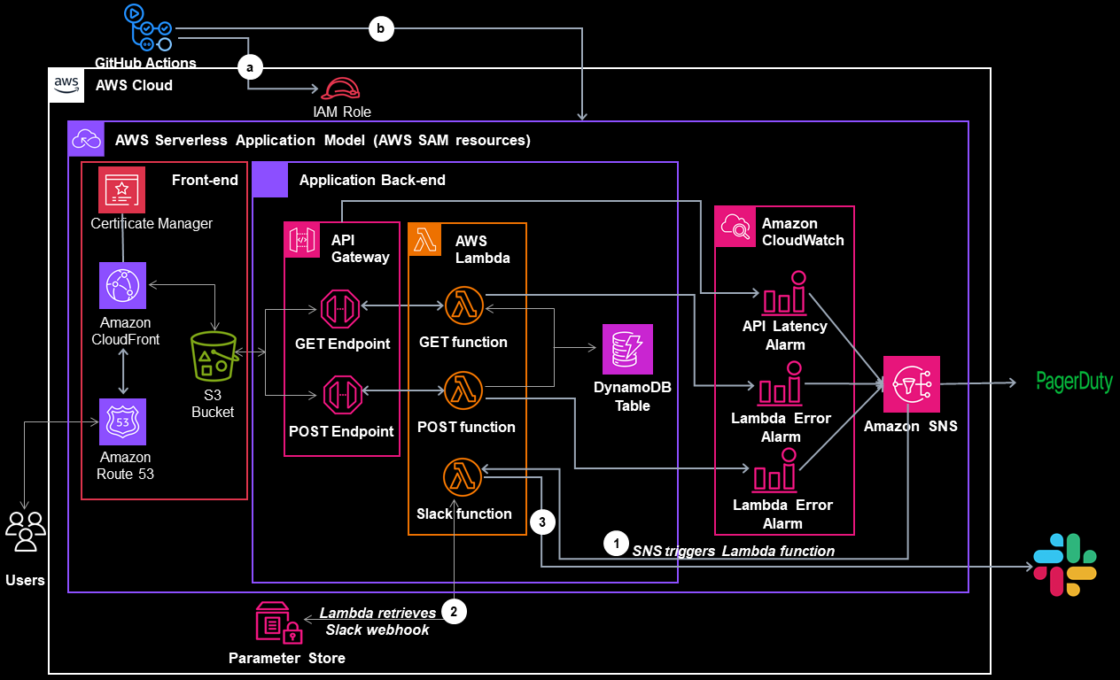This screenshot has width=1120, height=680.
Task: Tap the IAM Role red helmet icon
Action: [341, 89]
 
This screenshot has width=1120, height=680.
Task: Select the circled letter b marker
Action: [380, 29]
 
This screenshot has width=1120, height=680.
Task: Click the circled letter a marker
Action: [250, 66]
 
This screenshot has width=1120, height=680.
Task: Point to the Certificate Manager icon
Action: [121, 189]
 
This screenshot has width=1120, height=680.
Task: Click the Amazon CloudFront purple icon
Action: [122, 285]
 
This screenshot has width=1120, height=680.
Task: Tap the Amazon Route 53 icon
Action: [122, 421]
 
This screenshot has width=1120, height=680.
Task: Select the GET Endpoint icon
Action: [341, 308]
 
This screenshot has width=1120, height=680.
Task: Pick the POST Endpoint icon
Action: [341, 393]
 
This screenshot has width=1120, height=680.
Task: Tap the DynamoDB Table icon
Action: [627, 349]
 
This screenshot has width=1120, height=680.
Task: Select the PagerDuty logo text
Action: [1074, 382]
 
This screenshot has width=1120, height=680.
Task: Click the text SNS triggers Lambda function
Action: [733, 551]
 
